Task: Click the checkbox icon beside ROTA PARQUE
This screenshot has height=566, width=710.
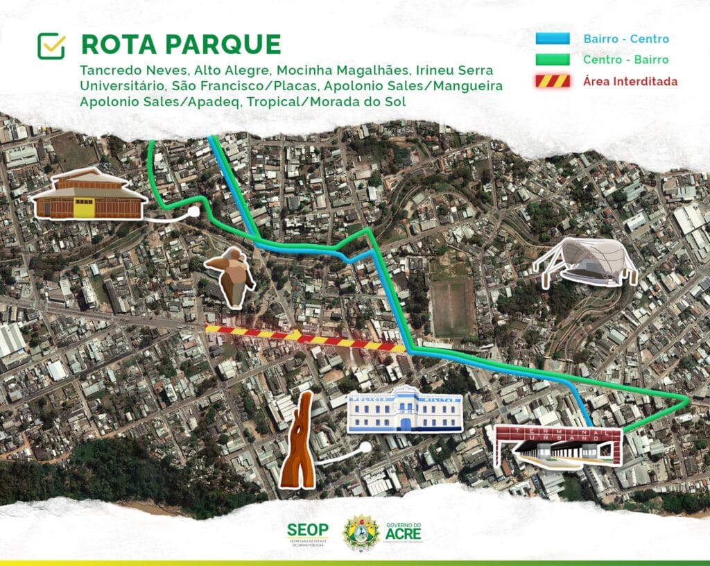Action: pyautogui.click(x=51, y=46)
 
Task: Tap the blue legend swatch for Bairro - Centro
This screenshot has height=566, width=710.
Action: pyautogui.click(x=553, y=39)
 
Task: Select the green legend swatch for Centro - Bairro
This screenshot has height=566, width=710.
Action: pyautogui.click(x=553, y=59)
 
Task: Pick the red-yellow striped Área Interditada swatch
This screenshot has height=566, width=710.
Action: pyautogui.click(x=553, y=80)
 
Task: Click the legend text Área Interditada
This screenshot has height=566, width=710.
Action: pyautogui.click(x=630, y=81)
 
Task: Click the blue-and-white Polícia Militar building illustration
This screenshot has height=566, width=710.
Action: pyautogui.click(x=405, y=410)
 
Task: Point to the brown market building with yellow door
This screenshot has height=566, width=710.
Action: pyautogui.click(x=88, y=194)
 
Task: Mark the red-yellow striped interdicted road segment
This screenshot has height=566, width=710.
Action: pyautogui.click(x=305, y=337)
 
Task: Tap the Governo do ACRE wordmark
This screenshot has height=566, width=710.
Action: pyautogui.click(x=404, y=533)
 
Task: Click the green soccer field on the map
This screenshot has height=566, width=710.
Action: pyautogui.click(x=453, y=306)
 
